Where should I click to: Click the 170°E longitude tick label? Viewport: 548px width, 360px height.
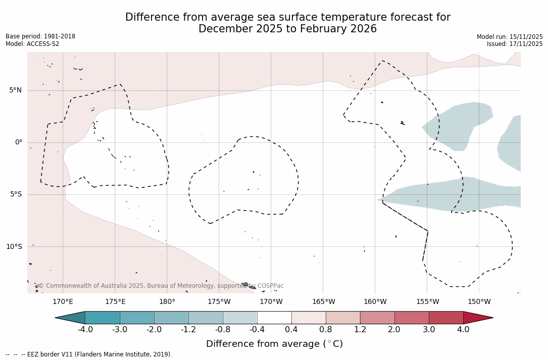pyautogui.click(x=63, y=302)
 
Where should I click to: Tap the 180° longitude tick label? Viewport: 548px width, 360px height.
pyautogui.click(x=167, y=302)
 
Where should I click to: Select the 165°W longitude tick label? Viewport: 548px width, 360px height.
pyautogui.click(x=323, y=302)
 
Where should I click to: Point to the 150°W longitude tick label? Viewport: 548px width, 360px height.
pyautogui.click(x=479, y=302)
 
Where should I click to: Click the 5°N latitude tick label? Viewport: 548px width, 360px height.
pyautogui.click(x=15, y=90)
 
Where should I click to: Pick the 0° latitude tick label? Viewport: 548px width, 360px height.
pyautogui.click(x=18, y=142)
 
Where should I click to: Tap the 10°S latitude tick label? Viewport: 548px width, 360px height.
pyautogui.click(x=14, y=246)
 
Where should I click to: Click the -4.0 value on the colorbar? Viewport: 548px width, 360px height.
pyautogui.click(x=85, y=330)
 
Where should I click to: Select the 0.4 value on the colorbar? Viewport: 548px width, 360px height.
pyautogui.click(x=291, y=330)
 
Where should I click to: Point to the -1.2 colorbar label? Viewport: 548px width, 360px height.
pyautogui.click(x=188, y=330)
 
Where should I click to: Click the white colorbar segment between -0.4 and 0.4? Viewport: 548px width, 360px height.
pyautogui.click(x=274, y=318)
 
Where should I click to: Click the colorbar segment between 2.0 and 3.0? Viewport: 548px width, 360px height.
pyautogui.click(x=412, y=318)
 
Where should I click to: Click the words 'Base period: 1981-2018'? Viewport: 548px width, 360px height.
pyautogui.click(x=40, y=36)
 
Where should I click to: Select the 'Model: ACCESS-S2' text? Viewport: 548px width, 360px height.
pyautogui.click(x=32, y=44)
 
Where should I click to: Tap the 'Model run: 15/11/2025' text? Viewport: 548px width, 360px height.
pyautogui.click(x=510, y=37)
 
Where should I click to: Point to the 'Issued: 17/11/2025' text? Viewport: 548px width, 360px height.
pyautogui.click(x=515, y=44)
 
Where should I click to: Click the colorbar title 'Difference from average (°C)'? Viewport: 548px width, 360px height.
pyautogui.click(x=274, y=344)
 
